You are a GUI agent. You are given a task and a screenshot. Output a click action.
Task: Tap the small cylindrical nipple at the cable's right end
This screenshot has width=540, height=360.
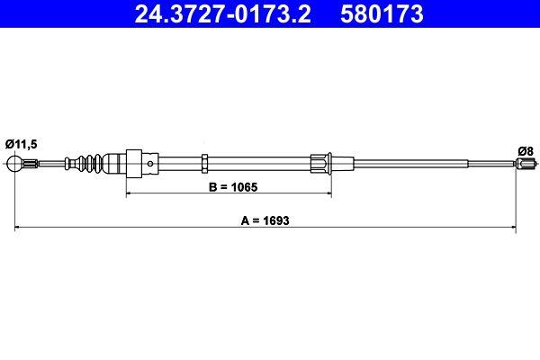pos(526,164)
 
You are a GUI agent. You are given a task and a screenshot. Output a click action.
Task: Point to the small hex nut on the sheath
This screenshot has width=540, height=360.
pos(205,163)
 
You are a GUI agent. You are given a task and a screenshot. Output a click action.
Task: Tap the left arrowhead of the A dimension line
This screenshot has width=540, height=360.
pos(19,229)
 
